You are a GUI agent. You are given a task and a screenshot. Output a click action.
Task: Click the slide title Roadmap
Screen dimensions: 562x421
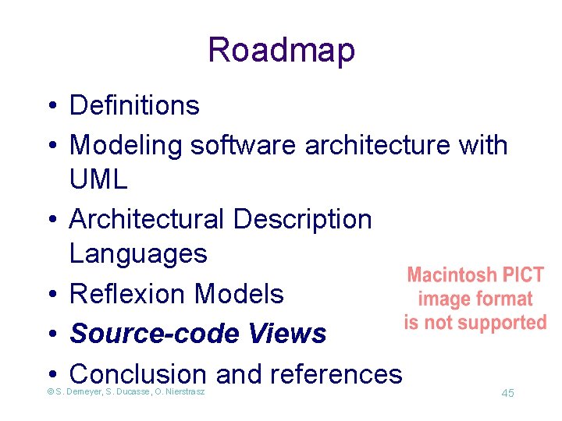point(281,50)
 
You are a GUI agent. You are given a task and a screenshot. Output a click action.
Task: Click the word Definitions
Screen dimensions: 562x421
point(134,105)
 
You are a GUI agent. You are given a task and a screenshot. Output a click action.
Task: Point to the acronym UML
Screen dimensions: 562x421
point(98,181)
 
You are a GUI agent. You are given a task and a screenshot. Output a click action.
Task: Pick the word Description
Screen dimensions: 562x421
point(302,220)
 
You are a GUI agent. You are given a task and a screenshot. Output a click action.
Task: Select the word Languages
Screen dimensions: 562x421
point(138,254)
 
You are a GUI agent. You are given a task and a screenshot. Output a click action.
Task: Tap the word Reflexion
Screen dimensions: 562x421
point(128,294)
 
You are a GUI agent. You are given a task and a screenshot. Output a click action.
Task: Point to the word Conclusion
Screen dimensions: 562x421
point(138,374)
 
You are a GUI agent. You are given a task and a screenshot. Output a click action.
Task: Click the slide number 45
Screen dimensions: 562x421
point(507,393)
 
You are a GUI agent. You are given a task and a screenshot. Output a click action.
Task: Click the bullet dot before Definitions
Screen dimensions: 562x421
point(49,106)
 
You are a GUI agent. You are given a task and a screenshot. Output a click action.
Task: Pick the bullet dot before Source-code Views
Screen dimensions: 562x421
point(49,334)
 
